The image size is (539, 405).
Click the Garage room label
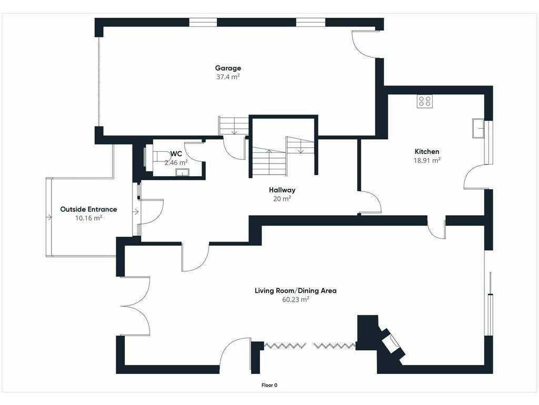tap(228, 68)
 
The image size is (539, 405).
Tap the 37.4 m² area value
tap(228, 77)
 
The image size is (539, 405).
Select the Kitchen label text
tap(427, 151)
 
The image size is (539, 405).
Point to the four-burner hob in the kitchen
tap(425, 101)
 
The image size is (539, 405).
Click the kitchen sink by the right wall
tap(478, 128)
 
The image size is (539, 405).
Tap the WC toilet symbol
tap(159, 157)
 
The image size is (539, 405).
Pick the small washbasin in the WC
tap(182, 172)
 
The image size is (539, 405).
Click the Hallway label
tap(282, 190)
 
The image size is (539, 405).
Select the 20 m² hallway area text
tap(282, 199)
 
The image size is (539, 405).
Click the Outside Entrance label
tap(88, 209)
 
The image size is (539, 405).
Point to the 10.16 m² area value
tap(88, 218)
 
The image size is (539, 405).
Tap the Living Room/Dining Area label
tap(296, 291)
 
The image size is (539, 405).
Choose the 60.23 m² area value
tap(296, 300)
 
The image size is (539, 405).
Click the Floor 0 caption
tap(269, 385)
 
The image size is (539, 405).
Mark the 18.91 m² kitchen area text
tap(427, 160)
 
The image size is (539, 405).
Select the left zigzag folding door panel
tap(285, 345)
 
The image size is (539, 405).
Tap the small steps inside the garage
tap(234, 126)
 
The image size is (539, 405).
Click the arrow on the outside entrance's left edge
tap(49, 217)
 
